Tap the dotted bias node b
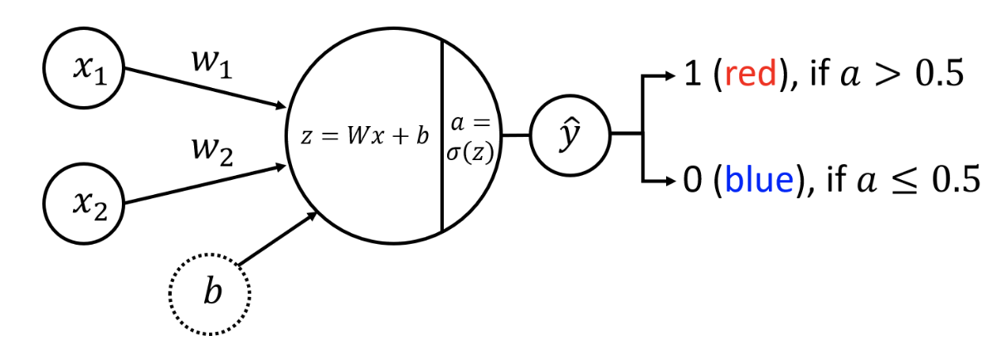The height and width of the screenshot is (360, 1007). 210,294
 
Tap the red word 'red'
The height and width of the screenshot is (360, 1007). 752,76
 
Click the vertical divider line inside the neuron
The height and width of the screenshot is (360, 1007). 440,136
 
